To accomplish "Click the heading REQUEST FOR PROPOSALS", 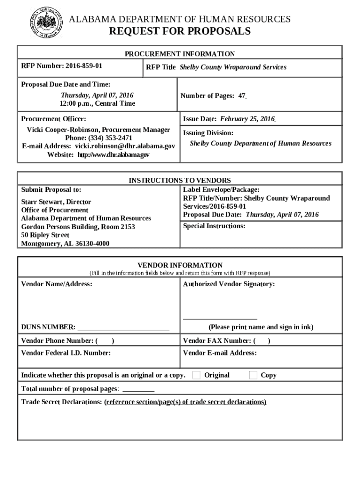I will [x=180, y=32].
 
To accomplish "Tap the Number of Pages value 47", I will [x=242, y=96].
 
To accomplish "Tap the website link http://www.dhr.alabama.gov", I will [x=113, y=155].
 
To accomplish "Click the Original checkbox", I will [x=196, y=375].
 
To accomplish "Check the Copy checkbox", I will [x=253, y=375].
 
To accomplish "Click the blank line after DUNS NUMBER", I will [x=123, y=327].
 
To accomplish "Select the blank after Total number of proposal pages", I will [x=138, y=389].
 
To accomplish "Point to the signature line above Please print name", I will [x=220, y=319].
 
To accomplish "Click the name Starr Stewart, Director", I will [x=56, y=202].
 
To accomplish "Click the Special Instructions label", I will [x=214, y=226].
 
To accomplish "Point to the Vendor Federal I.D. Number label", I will [x=66, y=353].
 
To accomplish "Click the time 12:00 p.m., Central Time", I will [x=97, y=104].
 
